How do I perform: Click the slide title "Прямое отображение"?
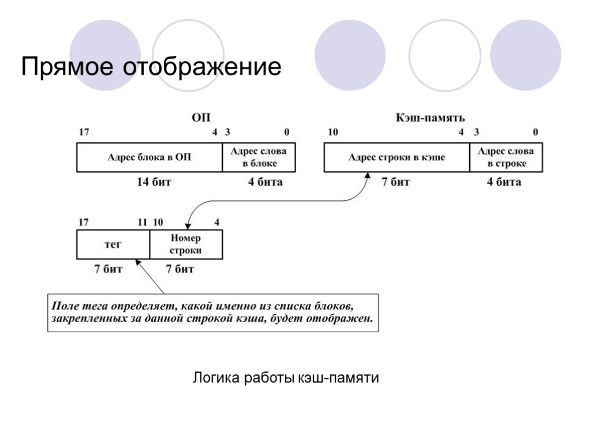click(x=151, y=67)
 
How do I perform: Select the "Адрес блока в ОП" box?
click(x=149, y=157)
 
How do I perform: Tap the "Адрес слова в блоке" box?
click(x=259, y=157)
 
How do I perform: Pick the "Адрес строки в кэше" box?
click(x=397, y=157)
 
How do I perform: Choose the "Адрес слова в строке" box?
click(x=506, y=157)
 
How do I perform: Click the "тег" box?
click(x=113, y=245)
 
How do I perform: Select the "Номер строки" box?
click(x=186, y=245)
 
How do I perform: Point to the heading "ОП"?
click(x=201, y=118)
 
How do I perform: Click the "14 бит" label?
click(x=154, y=182)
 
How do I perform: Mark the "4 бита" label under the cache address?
click(x=504, y=182)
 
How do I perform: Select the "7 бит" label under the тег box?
click(x=109, y=269)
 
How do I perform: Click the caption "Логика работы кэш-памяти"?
click(x=286, y=378)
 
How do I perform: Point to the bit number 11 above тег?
click(x=142, y=222)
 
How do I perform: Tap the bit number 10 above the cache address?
click(x=333, y=132)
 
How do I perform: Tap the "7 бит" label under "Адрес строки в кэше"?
click(x=396, y=182)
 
